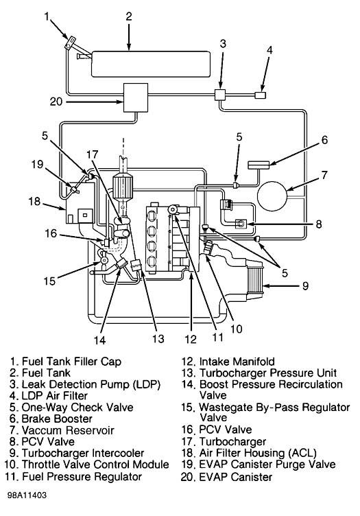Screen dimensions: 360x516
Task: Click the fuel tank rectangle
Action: click(151, 64)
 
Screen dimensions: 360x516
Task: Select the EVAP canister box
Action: click(136, 97)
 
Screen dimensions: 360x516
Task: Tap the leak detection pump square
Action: click(220, 95)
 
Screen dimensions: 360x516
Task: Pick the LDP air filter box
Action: click(261, 95)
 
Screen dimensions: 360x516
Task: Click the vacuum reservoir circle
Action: click(272, 196)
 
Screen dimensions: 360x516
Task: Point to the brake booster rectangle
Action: click(259, 165)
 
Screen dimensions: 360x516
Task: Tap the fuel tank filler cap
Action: click(71, 43)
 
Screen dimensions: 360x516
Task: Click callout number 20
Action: click(56, 102)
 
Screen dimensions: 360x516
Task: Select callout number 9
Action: click(305, 285)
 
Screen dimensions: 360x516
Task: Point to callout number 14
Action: click(99, 340)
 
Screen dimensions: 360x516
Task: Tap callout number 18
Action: click(34, 201)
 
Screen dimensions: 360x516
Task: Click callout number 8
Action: click(318, 224)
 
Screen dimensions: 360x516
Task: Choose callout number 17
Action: click(93, 154)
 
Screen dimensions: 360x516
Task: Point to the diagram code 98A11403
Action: click(27, 495)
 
